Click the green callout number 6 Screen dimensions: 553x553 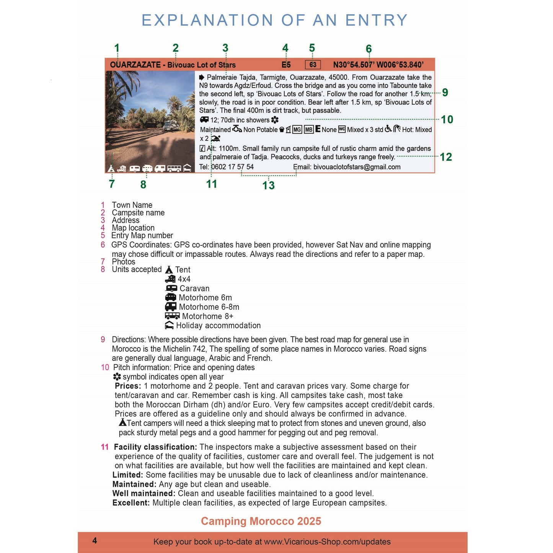[369, 49]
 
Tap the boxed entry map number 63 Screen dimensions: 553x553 [313, 65]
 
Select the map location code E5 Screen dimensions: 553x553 [286, 65]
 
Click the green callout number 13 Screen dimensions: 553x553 [268, 186]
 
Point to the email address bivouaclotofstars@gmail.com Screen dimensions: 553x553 [357, 167]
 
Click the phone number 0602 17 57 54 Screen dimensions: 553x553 [232, 167]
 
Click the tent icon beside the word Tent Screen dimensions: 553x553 [169, 270]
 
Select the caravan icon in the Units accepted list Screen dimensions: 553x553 [171, 289]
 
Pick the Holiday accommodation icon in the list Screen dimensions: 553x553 [170, 326]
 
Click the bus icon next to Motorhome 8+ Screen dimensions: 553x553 [172, 316]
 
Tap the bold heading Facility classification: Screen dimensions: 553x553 [155, 447]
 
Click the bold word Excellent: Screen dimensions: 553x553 [131, 503]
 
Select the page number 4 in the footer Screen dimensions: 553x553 [95, 541]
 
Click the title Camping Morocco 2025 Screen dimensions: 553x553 [261, 521]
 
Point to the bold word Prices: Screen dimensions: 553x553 [128, 386]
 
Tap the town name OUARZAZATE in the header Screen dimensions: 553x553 [135, 65]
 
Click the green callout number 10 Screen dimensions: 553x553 [447, 120]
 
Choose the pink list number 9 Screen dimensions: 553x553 [103, 339]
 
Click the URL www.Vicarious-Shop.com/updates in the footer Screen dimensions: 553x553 [327, 542]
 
